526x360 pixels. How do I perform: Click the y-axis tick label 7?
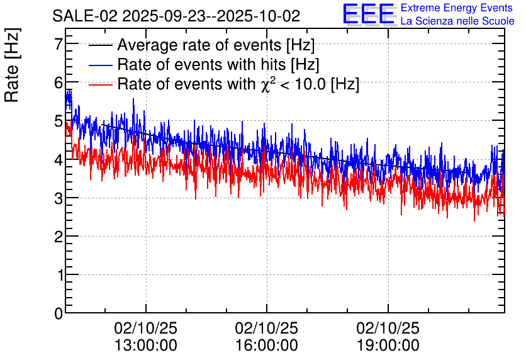coord(59,44)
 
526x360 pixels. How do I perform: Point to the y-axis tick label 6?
coord(59,82)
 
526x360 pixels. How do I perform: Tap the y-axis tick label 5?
coord(59,121)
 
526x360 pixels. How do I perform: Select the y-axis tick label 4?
coord(59,159)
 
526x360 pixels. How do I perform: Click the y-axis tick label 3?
coord(59,198)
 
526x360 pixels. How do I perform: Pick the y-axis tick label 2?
coord(59,236)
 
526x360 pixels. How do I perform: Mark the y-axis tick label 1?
coord(59,275)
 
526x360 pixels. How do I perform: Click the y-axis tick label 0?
coord(59,313)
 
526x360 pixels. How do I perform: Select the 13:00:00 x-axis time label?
coord(146,345)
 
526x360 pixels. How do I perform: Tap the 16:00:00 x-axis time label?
coord(267,345)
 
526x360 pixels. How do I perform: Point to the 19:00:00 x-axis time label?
coord(388,345)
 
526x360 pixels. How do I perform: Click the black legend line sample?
coord(101,46)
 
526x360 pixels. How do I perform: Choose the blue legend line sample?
coord(101,65)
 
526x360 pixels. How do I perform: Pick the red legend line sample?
coord(101,84)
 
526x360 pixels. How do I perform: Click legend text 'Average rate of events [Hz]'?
coord(215,45)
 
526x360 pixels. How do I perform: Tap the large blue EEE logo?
coord(368,14)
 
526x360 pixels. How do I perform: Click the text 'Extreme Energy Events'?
coord(457,8)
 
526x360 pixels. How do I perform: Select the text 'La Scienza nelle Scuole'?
coord(457,21)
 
